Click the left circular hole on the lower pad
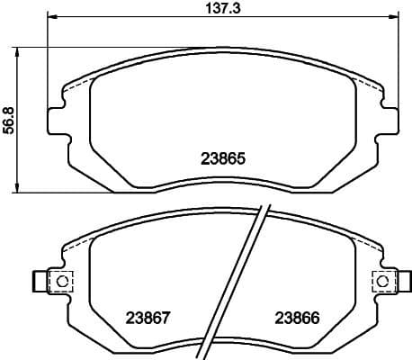(63, 281)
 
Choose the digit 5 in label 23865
(241, 156)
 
